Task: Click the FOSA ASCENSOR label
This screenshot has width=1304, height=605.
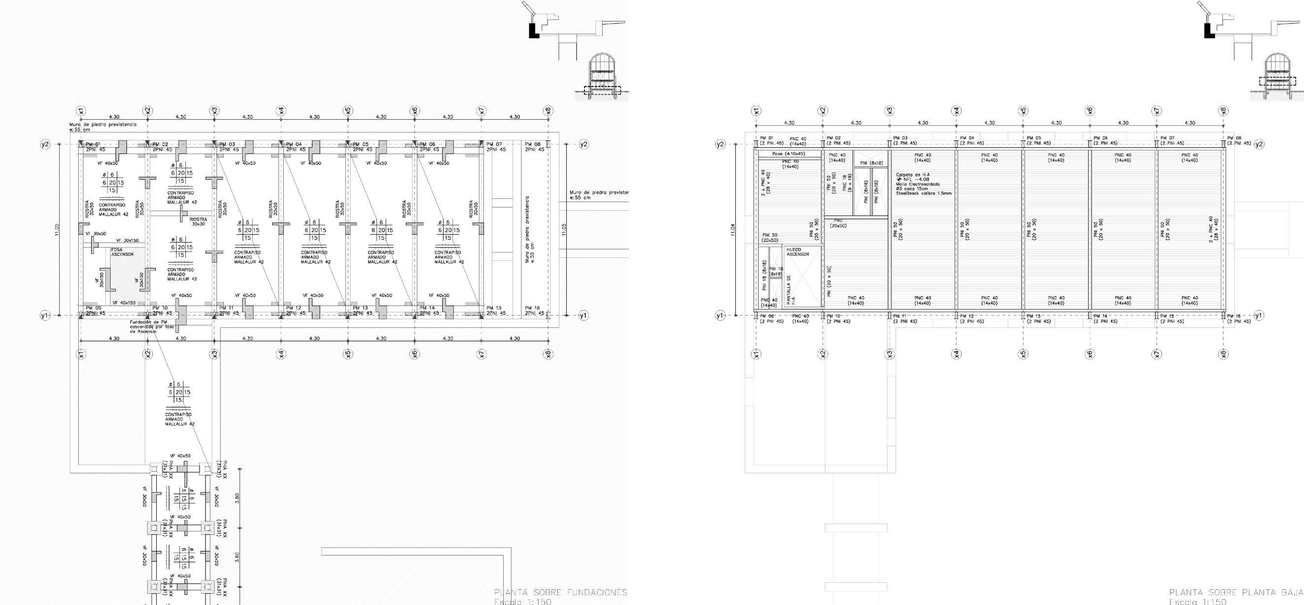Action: [123, 252]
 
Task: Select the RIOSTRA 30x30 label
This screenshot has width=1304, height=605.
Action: [198, 222]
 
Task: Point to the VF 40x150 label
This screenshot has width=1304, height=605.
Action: [124, 302]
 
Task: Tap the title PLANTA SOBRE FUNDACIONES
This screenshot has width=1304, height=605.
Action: [560, 592]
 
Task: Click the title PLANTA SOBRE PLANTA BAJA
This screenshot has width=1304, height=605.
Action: [1235, 592]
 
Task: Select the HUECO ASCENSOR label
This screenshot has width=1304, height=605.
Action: [798, 252]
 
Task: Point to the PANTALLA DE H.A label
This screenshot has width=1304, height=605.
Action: [790, 291]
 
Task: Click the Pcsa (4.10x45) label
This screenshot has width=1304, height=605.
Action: [789, 154]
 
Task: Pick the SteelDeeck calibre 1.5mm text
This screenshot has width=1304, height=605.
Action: [924, 193]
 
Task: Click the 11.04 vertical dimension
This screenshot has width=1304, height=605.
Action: [732, 230]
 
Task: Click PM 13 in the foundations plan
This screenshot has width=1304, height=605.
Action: [361, 308]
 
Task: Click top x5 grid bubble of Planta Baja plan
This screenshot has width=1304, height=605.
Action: [1023, 111]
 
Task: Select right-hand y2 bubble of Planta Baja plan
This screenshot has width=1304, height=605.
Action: [1259, 144]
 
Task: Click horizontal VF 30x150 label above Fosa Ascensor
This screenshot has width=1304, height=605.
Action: [128, 240]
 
